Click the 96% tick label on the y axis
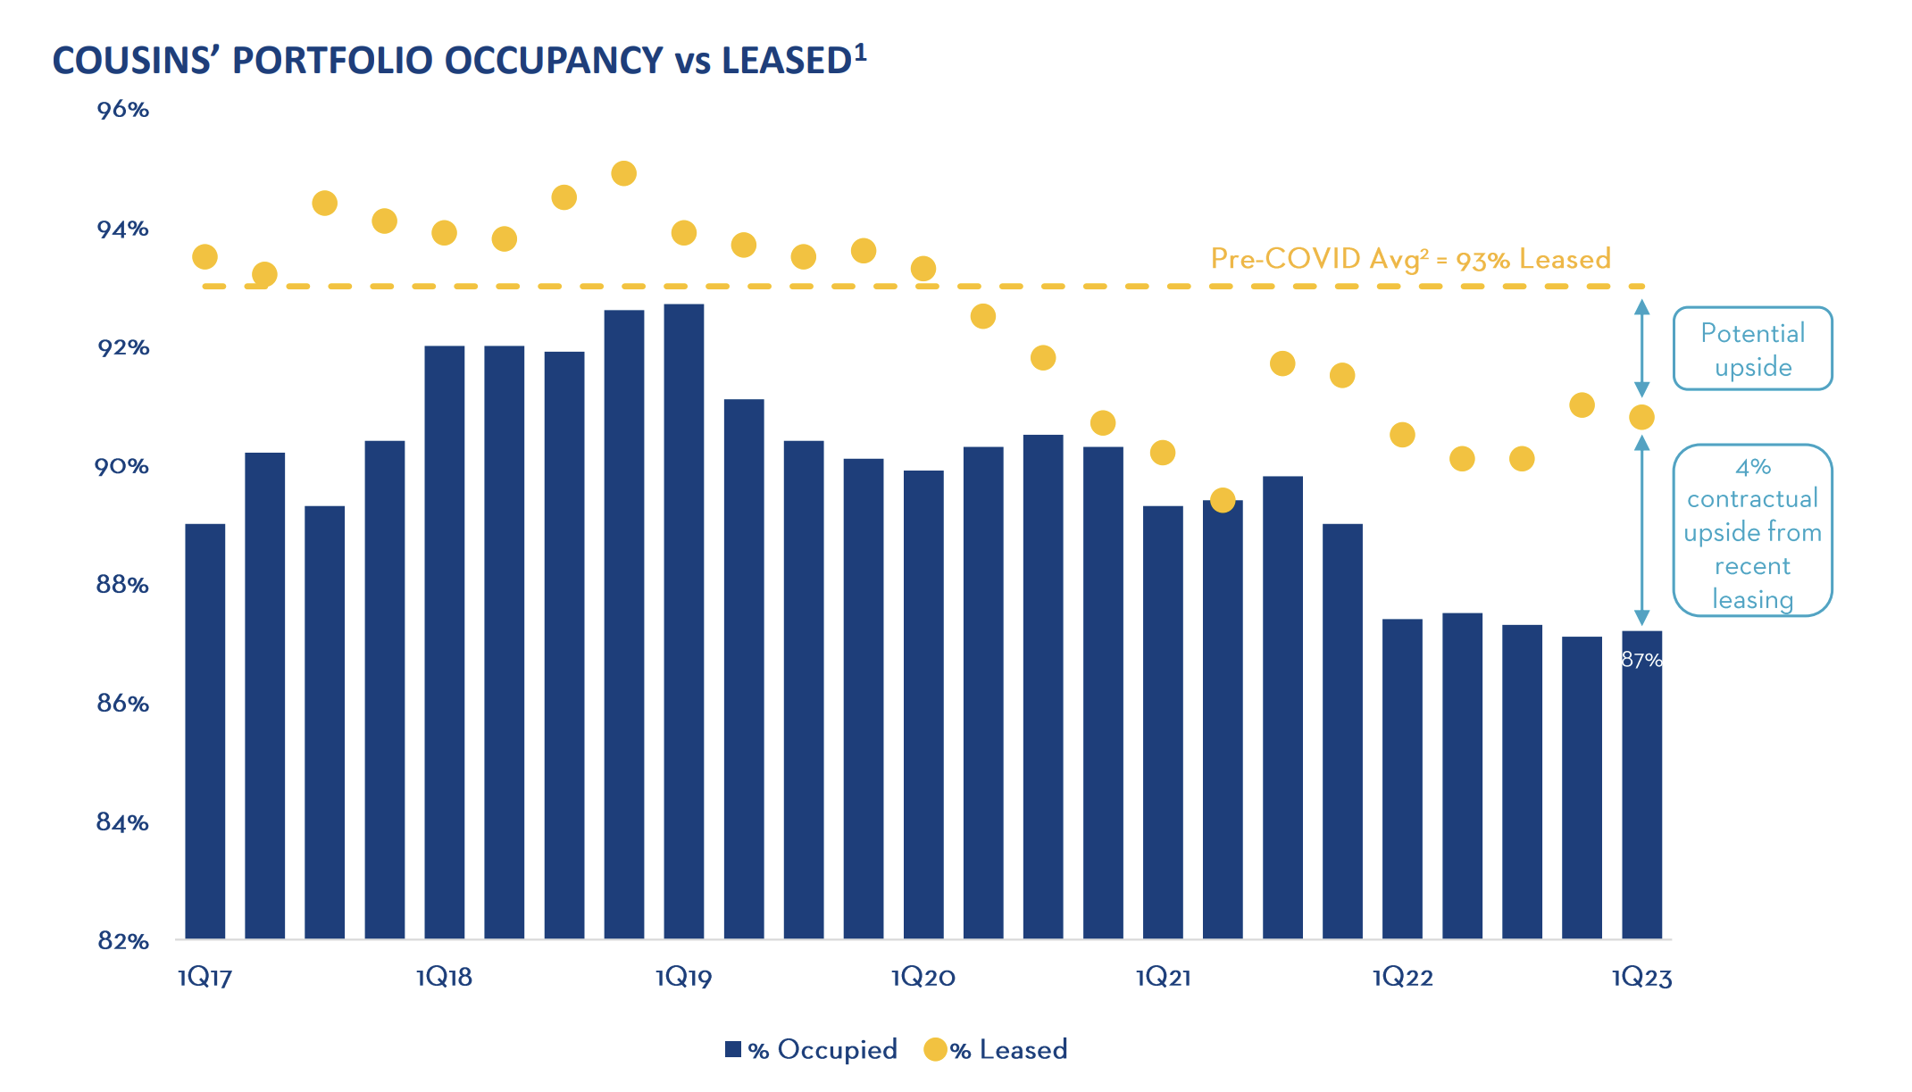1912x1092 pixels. (122, 110)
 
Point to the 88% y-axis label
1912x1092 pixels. (122, 585)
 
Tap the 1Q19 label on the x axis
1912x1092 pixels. (683, 978)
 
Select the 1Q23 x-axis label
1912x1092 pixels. (1641, 978)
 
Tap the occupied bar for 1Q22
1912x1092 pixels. (1402, 778)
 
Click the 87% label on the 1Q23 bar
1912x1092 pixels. (1641, 660)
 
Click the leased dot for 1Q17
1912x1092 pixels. (205, 257)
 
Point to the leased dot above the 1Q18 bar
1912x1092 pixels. (444, 233)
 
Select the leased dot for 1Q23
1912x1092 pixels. (1641, 417)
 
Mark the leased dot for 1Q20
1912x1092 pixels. (923, 268)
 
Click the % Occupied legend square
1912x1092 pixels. (733, 1049)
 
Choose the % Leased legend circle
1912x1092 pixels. (935, 1049)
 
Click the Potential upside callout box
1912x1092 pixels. (1752, 349)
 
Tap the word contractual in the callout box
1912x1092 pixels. (1752, 498)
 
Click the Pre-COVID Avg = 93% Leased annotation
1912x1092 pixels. (1410, 259)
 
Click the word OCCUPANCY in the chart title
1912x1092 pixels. (554, 61)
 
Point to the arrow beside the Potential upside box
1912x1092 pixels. (1641, 348)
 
